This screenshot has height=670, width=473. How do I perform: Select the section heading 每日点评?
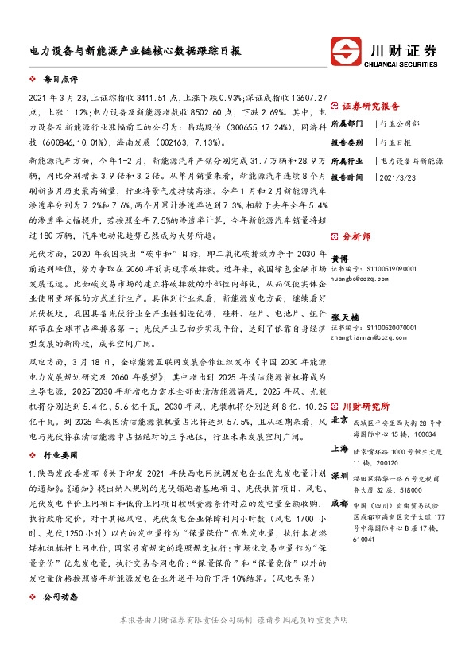[x=60, y=80]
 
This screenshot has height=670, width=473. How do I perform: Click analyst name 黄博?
[x=339, y=259]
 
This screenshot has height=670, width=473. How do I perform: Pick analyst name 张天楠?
[x=343, y=317]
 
